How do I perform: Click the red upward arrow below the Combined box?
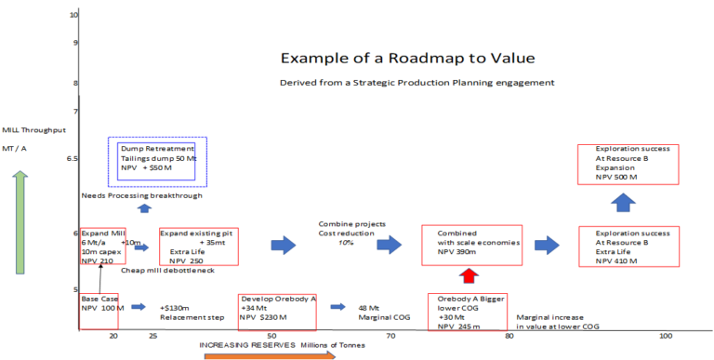coord(469,275)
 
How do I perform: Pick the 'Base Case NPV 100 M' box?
coord(98,311)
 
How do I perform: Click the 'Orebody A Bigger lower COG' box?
coord(467,313)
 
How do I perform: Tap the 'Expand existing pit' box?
coord(198,247)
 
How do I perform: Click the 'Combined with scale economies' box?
coord(468,246)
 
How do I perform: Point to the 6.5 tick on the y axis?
coord(72,159)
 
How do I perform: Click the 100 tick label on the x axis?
coord(665,335)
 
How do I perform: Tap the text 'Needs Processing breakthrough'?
coord(141,195)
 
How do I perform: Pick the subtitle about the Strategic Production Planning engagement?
coord(416,83)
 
